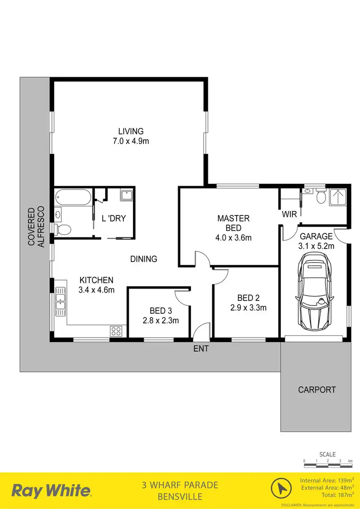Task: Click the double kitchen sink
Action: [x=60, y=300]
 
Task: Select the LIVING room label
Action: [x=131, y=131]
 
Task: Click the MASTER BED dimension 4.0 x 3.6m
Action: [x=233, y=237]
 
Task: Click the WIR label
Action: [x=289, y=214]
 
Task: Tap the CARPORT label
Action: [x=317, y=390]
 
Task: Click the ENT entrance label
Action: [x=201, y=349]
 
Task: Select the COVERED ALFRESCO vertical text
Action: [x=36, y=226]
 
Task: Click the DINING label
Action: [x=144, y=259]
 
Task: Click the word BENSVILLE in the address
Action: [x=180, y=496]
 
